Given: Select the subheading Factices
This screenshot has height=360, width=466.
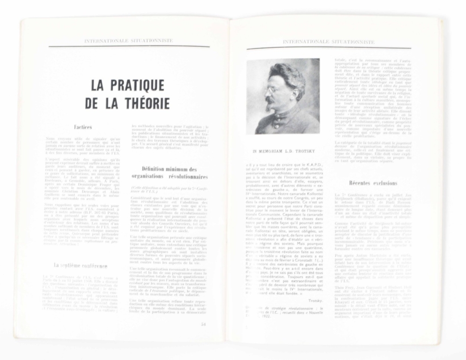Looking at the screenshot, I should point(84,127).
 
